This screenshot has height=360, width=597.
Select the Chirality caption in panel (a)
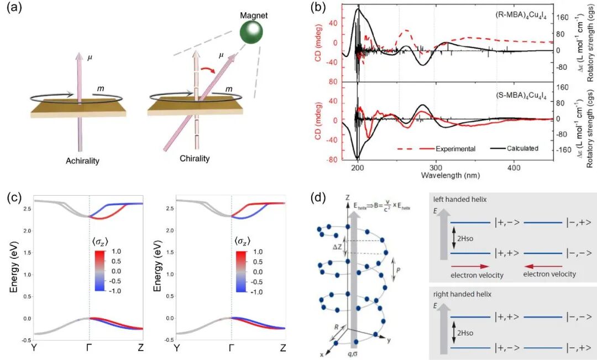[x=195, y=159]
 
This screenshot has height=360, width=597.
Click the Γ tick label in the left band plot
[x=88, y=348]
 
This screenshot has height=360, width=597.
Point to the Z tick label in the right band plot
[x=283, y=348]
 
